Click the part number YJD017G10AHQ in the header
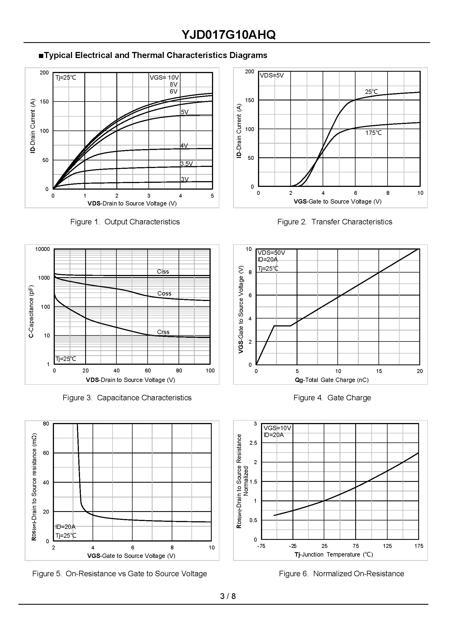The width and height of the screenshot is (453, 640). [228, 35]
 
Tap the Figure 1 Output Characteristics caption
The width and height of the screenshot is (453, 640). [125, 222]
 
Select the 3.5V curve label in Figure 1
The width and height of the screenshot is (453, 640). [187, 164]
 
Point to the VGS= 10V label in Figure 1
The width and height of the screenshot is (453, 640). [164, 77]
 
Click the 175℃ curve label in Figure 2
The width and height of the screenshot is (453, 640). [374, 133]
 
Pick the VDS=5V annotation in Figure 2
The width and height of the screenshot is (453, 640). [272, 76]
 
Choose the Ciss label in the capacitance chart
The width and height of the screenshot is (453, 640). [163, 271]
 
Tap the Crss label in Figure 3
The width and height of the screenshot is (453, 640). [163, 332]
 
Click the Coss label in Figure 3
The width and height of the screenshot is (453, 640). [164, 293]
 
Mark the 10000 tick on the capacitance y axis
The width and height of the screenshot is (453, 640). [42, 249]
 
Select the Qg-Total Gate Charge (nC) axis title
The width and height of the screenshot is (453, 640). [332, 380]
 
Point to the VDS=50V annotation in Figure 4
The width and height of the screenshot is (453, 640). [271, 253]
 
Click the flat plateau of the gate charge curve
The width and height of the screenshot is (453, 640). [282, 326]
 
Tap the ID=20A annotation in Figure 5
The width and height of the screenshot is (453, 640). [65, 527]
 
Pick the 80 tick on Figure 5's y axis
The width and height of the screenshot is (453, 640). [46, 424]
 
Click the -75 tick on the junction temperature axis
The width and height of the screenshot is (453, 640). [261, 546]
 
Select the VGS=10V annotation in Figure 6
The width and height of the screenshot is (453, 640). [277, 428]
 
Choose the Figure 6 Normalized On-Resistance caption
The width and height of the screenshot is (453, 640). [342, 574]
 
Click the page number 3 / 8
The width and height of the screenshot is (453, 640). [228, 596]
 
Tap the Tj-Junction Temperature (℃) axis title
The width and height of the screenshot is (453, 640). [334, 555]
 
